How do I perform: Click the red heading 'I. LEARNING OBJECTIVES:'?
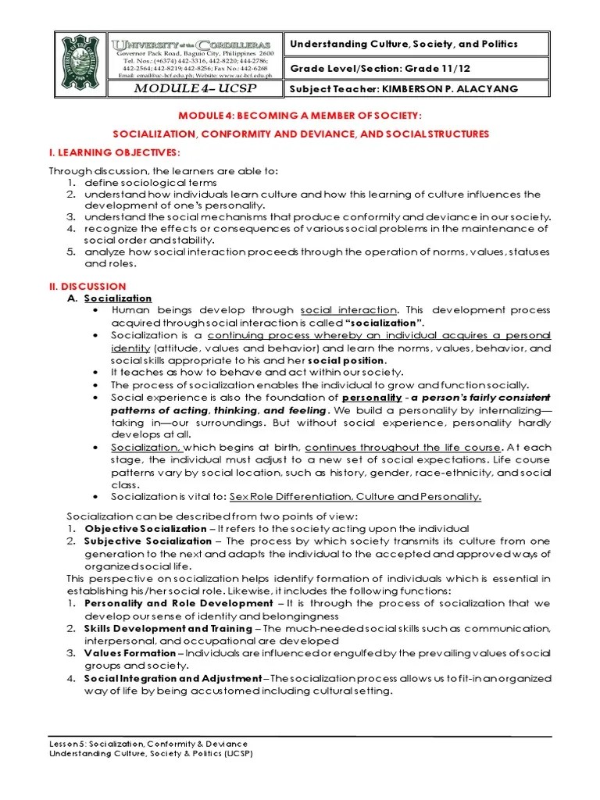115,151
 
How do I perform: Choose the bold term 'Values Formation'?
130,653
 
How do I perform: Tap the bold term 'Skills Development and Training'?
168,629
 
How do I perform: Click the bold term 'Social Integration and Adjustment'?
174,678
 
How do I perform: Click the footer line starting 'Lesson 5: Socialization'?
148,743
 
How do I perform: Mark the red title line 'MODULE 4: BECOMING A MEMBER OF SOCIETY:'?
300,116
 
